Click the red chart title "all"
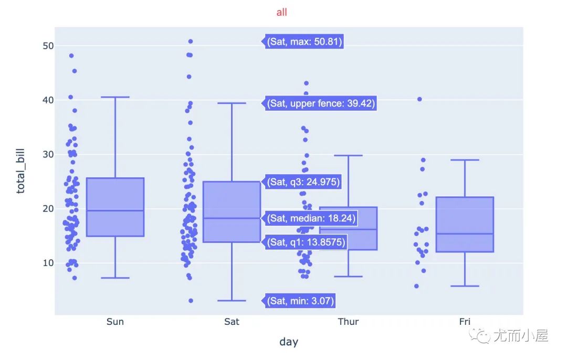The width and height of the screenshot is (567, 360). click(281, 12)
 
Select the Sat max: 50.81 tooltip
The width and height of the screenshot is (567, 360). click(304, 41)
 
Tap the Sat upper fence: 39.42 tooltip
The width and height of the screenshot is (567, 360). click(321, 103)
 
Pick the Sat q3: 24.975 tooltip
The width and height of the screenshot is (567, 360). click(303, 182)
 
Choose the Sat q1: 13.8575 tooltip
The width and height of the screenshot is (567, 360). click(307, 242)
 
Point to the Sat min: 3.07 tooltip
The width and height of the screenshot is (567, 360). click(300, 301)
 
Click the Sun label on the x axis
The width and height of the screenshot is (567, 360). click(115, 322)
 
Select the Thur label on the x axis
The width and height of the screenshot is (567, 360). click(348, 322)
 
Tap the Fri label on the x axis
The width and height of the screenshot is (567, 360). click(465, 322)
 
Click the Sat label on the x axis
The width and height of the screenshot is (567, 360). click(232, 322)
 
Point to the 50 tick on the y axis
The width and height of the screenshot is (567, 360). click(48, 46)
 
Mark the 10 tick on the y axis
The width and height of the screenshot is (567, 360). click(48, 263)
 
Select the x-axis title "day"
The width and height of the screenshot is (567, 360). click(289, 342)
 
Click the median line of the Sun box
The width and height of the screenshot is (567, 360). click(115, 210)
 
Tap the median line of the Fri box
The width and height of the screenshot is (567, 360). click(465, 234)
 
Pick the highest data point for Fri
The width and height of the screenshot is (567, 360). click(419, 99)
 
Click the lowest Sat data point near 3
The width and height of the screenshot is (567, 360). click(191, 301)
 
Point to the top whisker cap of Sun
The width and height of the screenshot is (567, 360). click(115, 97)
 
